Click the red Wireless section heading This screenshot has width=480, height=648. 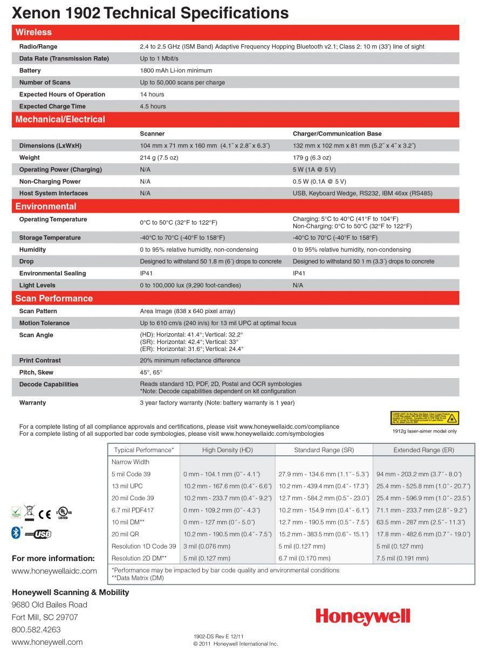pyautogui.click(x=33, y=32)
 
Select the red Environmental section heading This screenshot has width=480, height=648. pyautogui.click(x=46, y=206)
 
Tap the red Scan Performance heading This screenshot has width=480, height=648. pyautogui.click(x=54, y=299)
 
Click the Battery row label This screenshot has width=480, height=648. pyautogui.click(x=30, y=71)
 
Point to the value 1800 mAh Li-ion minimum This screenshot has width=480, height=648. pyautogui.click(x=176, y=71)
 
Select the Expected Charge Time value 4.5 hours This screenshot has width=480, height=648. pyautogui.click(x=153, y=106)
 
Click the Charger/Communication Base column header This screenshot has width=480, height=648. pyautogui.click(x=337, y=134)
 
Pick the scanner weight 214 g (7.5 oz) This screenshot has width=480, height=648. pyautogui.click(x=159, y=158)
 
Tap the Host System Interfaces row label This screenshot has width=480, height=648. pyautogui.click(x=53, y=193)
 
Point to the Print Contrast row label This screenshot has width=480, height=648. pyautogui.click(x=40, y=360)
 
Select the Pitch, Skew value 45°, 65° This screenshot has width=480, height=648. pyautogui.click(x=151, y=373)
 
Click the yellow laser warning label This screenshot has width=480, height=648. pyautogui.click(x=424, y=418)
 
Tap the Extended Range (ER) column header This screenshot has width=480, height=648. pyautogui.click(x=423, y=450)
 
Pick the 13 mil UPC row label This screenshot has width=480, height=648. pyautogui.click(x=127, y=486)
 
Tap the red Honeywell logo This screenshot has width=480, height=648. pyautogui.click(x=363, y=617)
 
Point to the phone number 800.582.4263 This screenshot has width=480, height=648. pyautogui.click(x=36, y=630)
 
